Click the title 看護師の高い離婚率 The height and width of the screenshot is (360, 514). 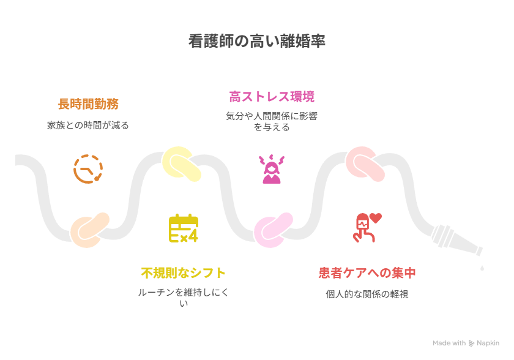coord(256,42)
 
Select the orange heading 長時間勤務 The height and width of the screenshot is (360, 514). coord(88,104)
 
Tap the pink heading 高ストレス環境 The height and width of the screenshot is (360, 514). coord(272,97)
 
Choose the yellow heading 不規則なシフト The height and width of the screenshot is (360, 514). coord(183,273)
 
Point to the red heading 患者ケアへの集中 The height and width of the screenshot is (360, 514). coord(367,273)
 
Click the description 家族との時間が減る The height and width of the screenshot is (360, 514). coord(88,126)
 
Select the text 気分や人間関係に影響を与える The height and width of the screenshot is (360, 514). coord(272,122)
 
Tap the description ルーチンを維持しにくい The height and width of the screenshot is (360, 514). coord(183,298)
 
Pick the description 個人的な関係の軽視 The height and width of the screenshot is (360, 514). coord(367,294)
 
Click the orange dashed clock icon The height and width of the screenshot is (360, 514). coord(88,169)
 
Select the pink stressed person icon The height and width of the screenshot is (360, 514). coord(272,169)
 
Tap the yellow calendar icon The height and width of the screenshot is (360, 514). coord(184,228)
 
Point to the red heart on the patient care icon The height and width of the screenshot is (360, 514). coord(376,218)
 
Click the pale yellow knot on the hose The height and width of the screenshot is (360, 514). coord(181,163)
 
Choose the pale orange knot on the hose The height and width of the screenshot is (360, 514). coord(89,230)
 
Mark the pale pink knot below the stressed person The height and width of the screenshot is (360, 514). coord(273,230)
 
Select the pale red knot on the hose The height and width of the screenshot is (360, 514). coord(365,163)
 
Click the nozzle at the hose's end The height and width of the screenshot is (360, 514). coord(456,240)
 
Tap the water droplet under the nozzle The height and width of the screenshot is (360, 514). coord(482,268)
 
